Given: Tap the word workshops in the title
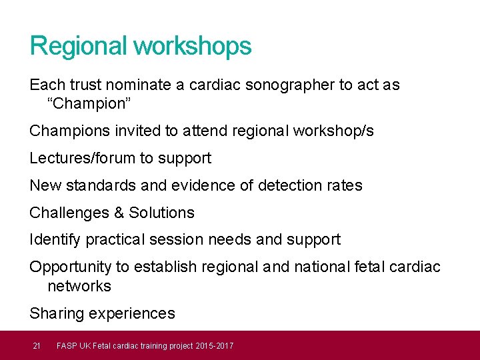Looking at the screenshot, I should (x=193, y=46).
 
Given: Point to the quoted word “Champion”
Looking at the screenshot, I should (x=87, y=104).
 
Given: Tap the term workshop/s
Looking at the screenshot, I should (x=334, y=131).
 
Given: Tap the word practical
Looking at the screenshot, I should (x=111, y=239).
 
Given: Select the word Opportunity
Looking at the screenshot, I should (x=71, y=267).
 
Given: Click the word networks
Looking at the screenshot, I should (x=79, y=286).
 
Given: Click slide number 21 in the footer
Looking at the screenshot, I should (x=37, y=345).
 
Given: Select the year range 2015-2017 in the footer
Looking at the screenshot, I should (x=217, y=345).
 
